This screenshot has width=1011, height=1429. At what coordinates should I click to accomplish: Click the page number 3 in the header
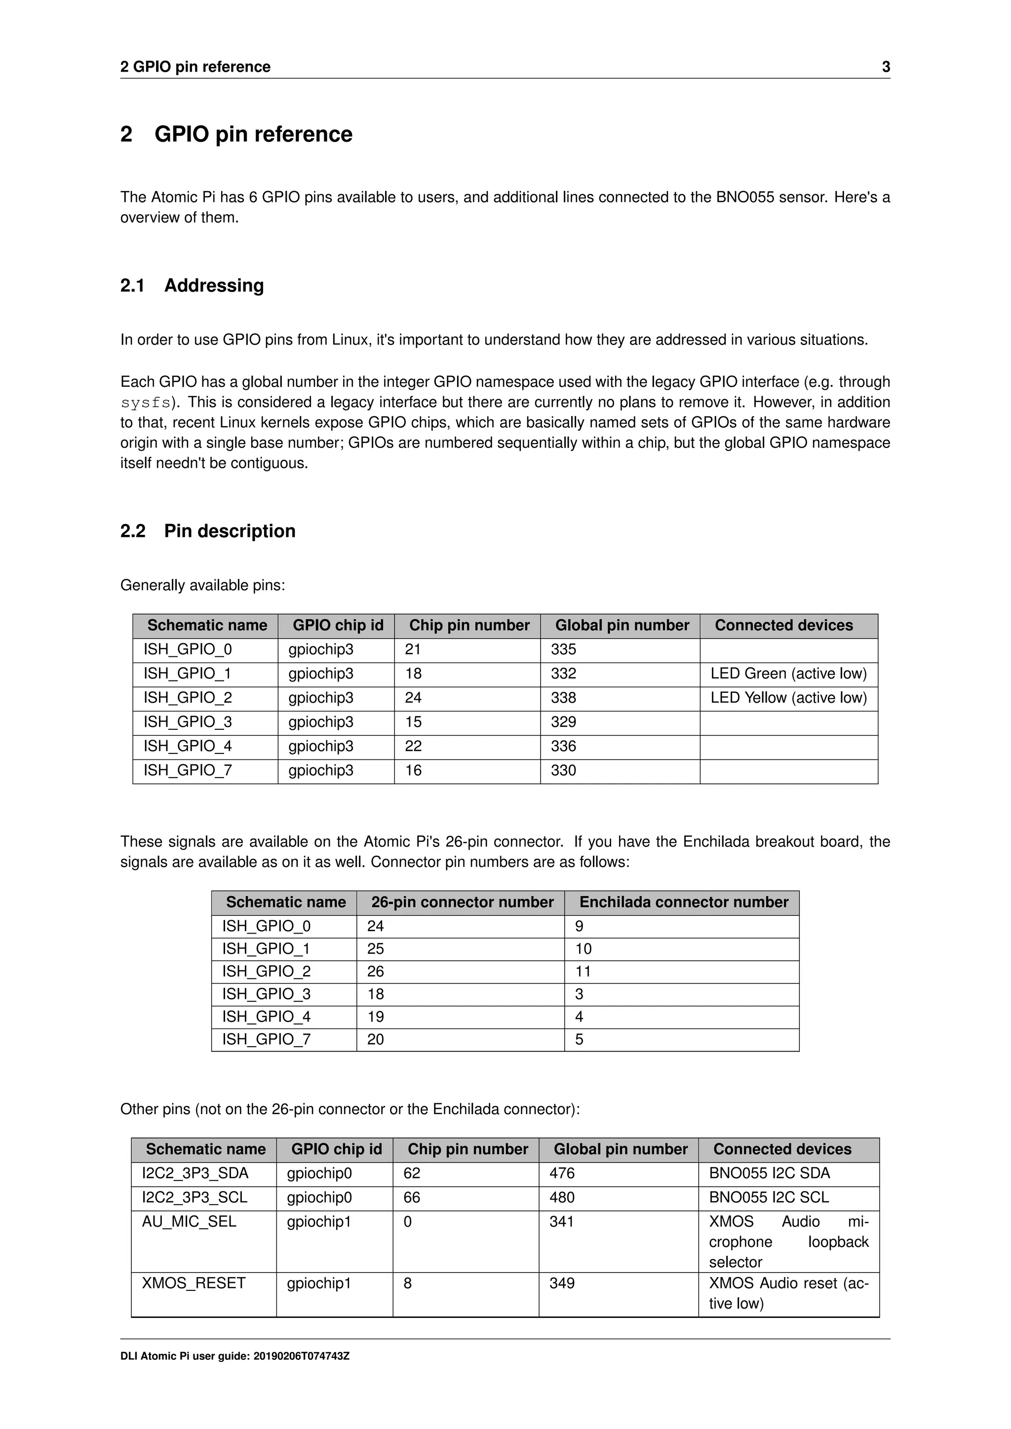point(885,67)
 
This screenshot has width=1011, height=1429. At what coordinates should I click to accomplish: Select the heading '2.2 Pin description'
point(208,531)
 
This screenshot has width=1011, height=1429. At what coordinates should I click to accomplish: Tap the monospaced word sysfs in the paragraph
point(146,403)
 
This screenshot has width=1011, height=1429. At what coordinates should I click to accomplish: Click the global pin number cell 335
point(563,649)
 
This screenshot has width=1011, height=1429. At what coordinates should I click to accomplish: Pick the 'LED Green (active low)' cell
point(788,674)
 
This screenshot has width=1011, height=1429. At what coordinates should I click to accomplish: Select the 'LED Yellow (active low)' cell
point(788,698)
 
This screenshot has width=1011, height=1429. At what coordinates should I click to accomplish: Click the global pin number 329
point(563,722)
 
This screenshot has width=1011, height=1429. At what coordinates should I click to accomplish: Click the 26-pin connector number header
point(462,903)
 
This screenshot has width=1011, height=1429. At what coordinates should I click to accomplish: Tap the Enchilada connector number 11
point(583,972)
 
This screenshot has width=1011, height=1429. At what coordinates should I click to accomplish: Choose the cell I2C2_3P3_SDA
point(195,1173)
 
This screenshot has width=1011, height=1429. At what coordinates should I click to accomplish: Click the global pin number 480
point(561,1198)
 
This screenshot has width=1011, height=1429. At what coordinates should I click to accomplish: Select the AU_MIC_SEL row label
point(189,1222)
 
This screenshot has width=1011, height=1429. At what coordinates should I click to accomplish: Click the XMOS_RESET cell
point(194,1283)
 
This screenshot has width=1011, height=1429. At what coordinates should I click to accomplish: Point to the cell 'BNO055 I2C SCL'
point(769,1198)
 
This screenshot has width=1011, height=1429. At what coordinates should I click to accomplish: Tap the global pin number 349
point(561,1283)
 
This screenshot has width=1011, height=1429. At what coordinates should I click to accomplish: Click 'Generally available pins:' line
point(202,586)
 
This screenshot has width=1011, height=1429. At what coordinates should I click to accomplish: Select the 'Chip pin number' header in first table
point(469,626)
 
